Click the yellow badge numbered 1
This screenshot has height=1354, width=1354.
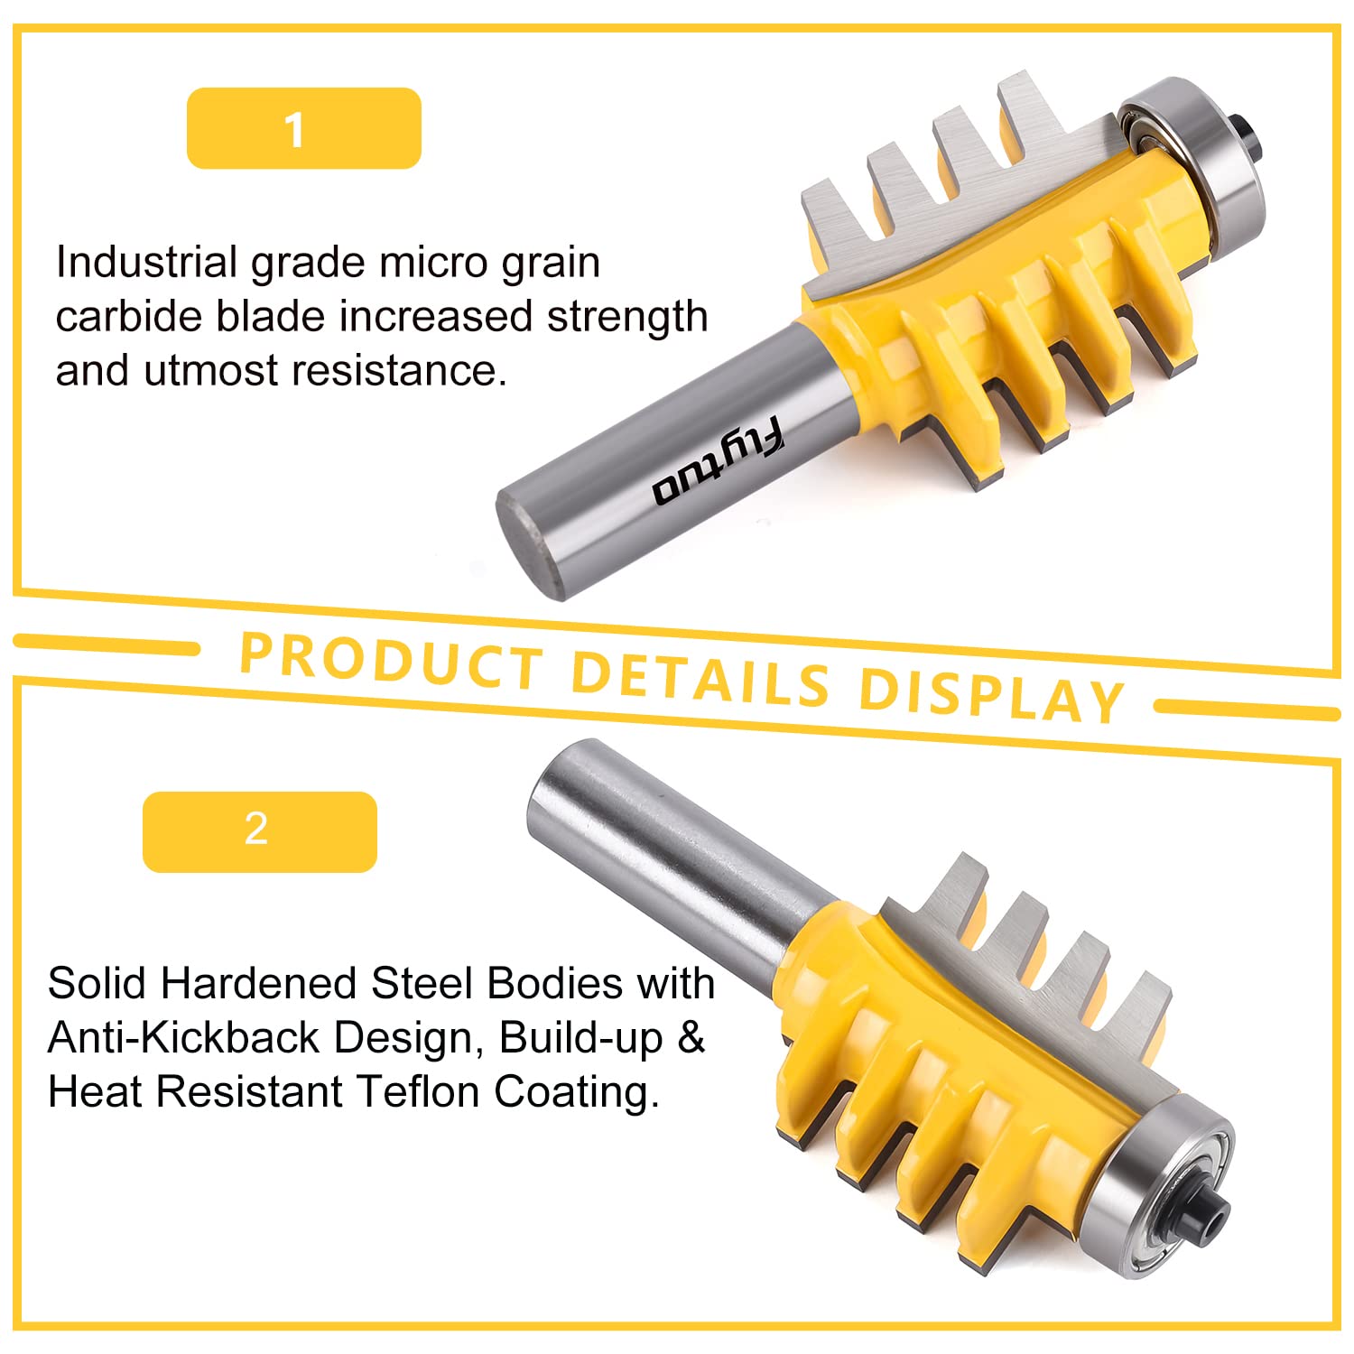(x=304, y=128)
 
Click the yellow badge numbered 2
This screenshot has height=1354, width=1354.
(x=260, y=831)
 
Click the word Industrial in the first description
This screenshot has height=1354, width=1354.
(x=146, y=263)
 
